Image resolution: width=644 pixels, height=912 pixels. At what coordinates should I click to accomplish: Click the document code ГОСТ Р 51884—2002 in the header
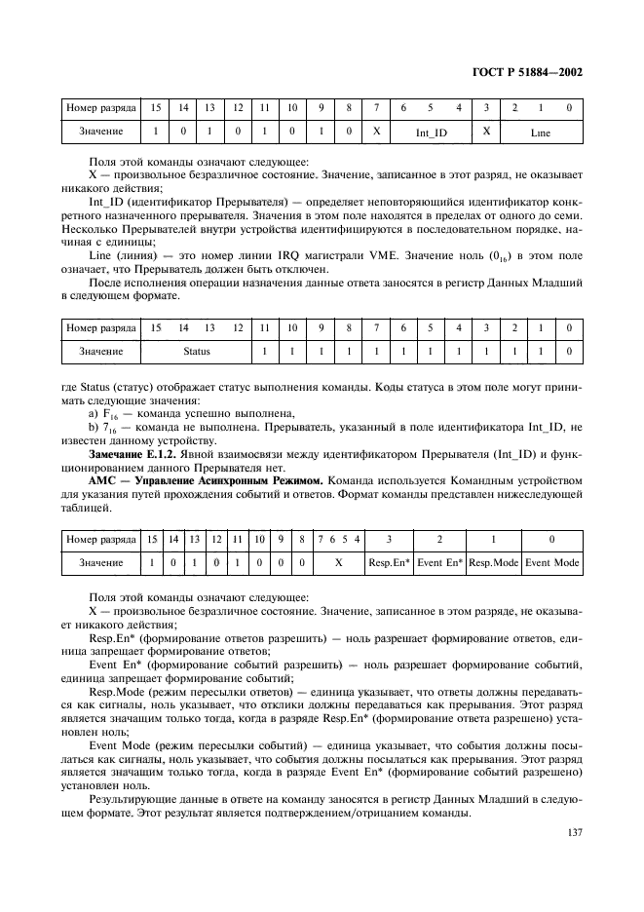pos(528,72)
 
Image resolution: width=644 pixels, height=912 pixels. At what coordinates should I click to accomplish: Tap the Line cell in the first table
pos(542,130)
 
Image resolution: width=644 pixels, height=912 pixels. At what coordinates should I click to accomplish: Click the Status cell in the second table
pos(197,348)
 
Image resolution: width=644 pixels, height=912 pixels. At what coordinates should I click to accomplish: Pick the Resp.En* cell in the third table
pos(388,563)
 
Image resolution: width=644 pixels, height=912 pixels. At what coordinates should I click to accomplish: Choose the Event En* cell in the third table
pos(440,563)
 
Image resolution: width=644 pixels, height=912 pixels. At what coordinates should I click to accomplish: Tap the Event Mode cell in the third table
pos(551,563)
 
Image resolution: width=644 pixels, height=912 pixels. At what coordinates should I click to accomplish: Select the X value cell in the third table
pos(338,563)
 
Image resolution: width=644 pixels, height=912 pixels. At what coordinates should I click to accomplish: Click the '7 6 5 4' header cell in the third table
pos(338,539)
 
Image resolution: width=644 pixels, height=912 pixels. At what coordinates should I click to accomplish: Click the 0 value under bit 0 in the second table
pos(569,348)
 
